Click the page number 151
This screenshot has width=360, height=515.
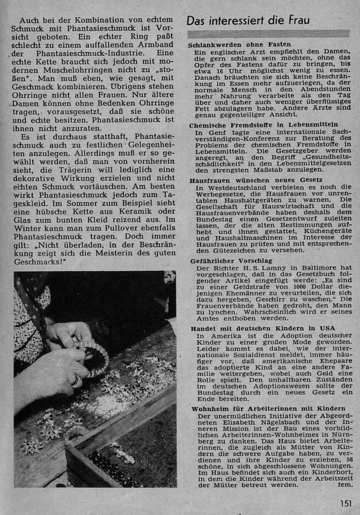point(345,503)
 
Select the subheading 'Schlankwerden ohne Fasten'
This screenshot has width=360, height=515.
point(240,45)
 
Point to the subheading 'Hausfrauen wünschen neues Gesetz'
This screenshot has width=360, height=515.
point(256,181)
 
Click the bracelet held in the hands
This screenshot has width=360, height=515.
point(91,355)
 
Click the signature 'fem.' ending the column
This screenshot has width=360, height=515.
point(343,485)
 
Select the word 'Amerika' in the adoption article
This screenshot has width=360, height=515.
point(223,335)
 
